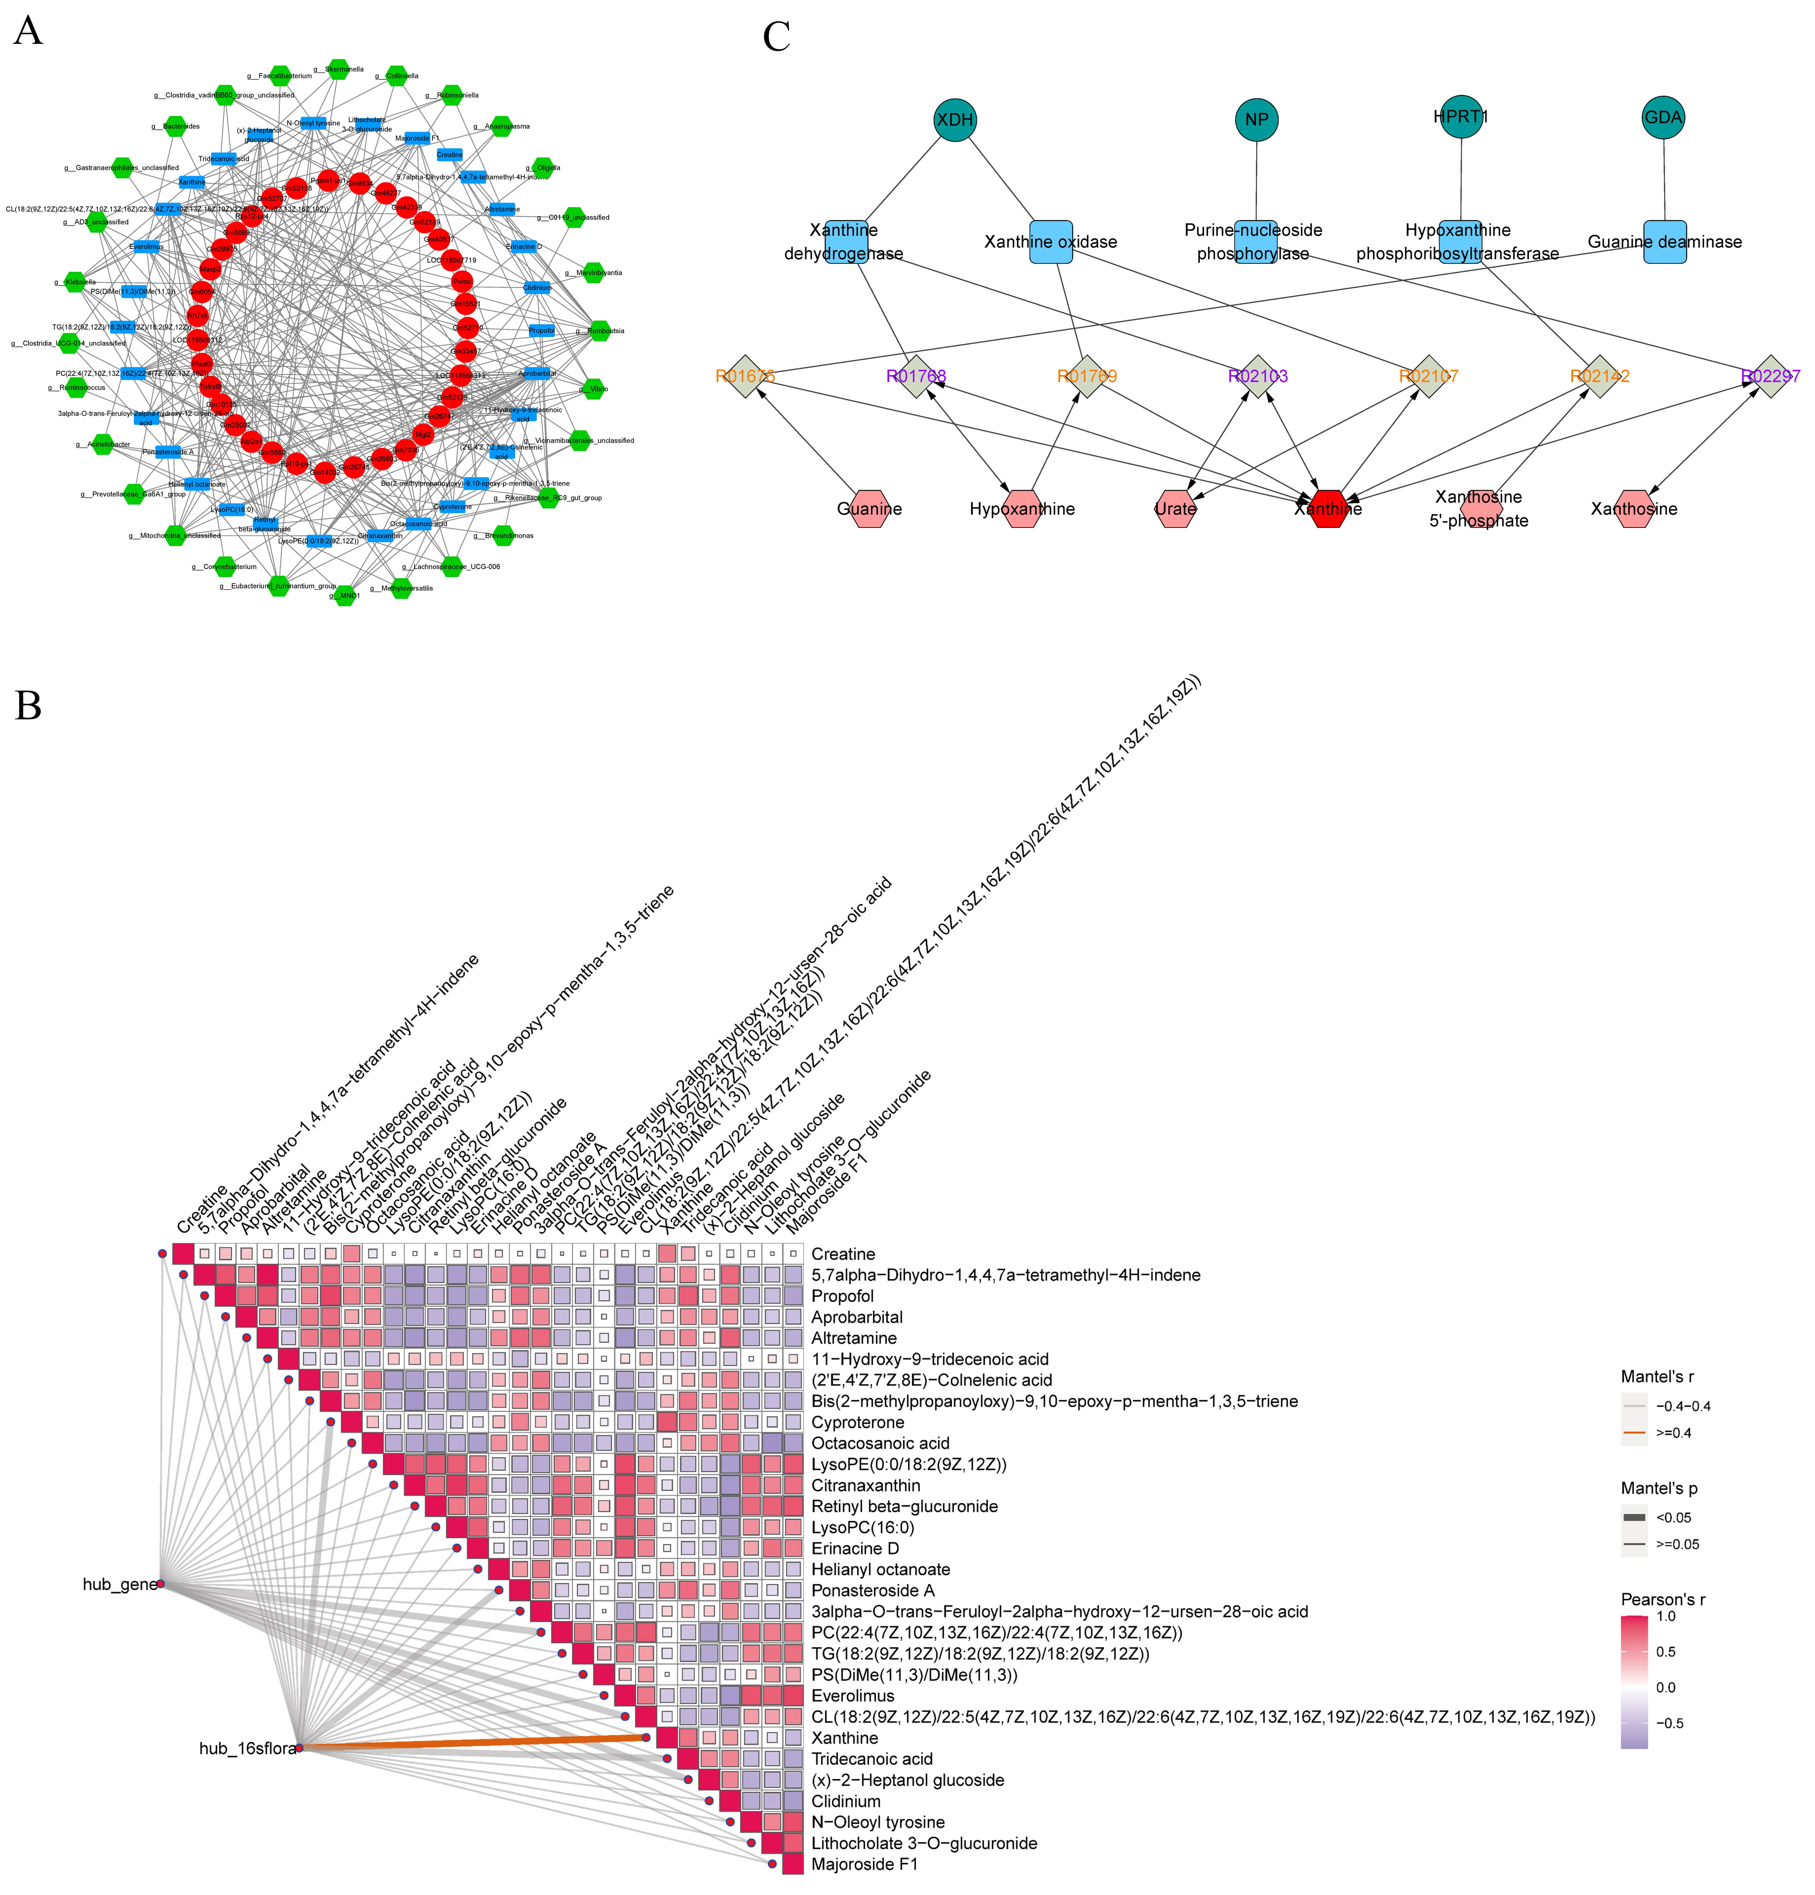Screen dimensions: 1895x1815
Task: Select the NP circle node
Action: (x=1256, y=120)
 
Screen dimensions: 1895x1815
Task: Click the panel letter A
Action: (x=28, y=32)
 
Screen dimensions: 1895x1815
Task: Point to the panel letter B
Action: (x=28, y=706)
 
